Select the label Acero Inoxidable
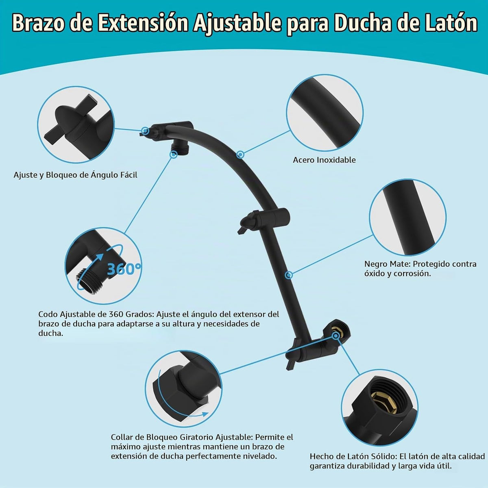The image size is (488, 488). coord(324,160)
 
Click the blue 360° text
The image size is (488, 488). coord(124,269)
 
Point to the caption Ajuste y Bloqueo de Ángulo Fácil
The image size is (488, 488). coord(75,175)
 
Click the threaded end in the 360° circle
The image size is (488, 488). coord(86,281)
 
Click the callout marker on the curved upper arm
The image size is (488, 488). coord(240,154)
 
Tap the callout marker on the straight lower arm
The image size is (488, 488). coord(289,275)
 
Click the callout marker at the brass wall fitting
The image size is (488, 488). coord(336,336)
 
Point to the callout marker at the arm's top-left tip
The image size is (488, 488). coord(145,131)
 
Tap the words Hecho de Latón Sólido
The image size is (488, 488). coord(353,457)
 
